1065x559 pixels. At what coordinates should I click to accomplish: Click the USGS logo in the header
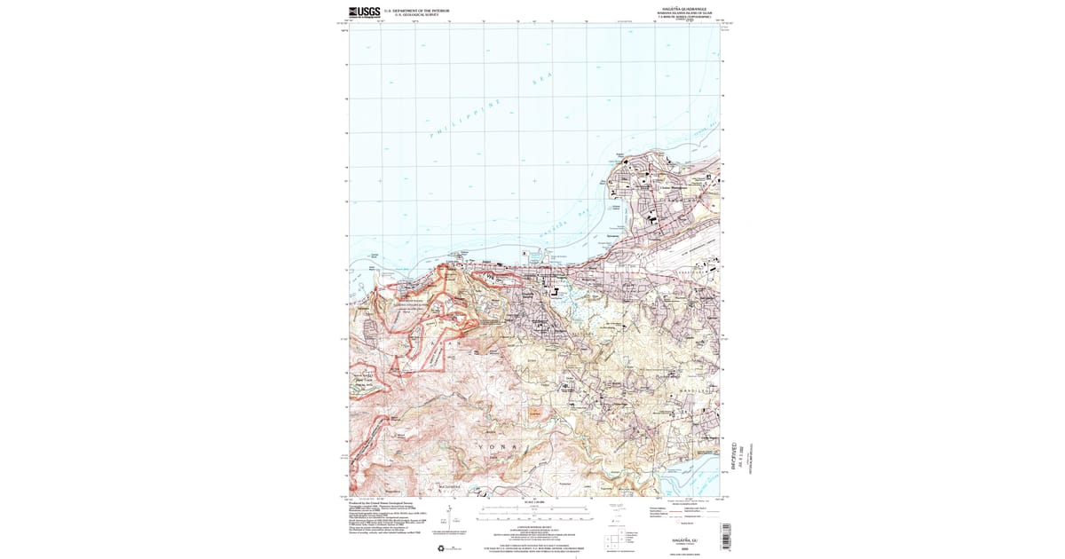[x=364, y=12]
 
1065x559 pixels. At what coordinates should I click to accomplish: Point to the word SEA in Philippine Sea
[x=541, y=79]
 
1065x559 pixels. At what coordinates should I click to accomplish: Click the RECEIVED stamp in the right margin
[x=734, y=453]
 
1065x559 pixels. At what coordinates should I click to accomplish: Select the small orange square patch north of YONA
[x=534, y=414]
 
